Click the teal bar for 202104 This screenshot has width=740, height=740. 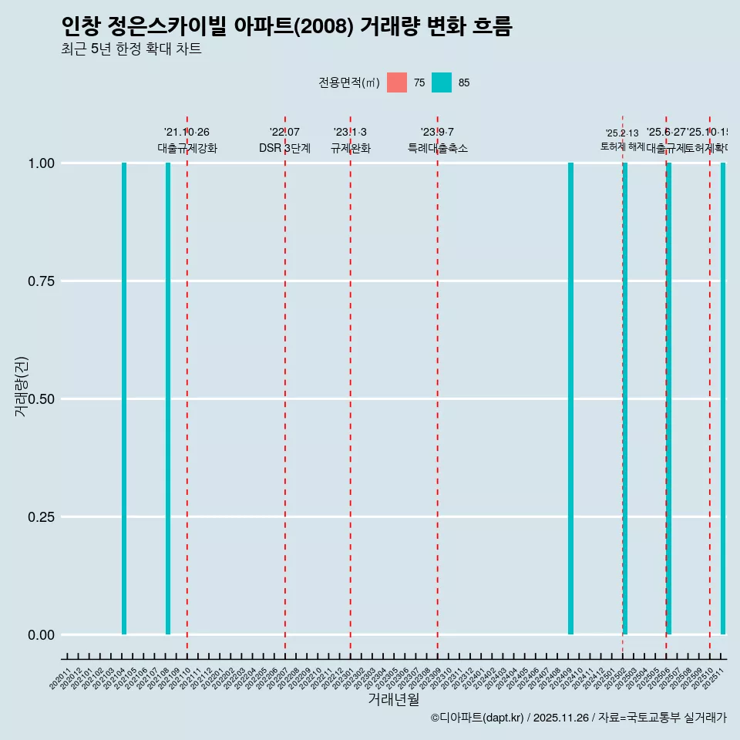click(124, 399)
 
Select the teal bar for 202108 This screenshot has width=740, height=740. click(168, 399)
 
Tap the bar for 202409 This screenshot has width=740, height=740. click(570, 399)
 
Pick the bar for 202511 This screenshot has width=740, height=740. click(723, 399)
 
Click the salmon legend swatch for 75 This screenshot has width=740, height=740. click(397, 82)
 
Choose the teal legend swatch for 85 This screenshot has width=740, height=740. click(442, 82)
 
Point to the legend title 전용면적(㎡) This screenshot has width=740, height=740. click(349, 82)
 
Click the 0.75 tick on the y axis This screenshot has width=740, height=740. click(40, 281)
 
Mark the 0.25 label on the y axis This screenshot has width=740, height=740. click(40, 517)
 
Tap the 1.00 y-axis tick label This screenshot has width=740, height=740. click(40, 163)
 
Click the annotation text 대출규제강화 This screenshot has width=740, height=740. click(187, 149)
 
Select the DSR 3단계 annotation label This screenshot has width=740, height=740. click(284, 149)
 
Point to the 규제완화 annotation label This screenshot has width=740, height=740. click(351, 149)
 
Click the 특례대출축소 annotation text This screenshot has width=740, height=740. click(438, 149)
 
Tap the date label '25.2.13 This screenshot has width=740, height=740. click(622, 133)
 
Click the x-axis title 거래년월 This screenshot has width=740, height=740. click(394, 699)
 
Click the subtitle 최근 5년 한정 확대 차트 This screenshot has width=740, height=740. click(131, 49)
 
